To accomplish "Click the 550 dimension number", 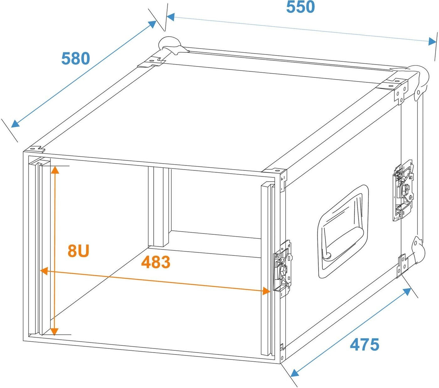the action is pyautogui.click(x=300, y=7).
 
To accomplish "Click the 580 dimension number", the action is pyautogui.click(x=76, y=59).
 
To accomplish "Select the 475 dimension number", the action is pyautogui.click(x=364, y=344).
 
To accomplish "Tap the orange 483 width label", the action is pyautogui.click(x=156, y=262).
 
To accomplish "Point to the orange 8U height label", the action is pyautogui.click(x=79, y=251).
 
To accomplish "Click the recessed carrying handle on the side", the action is pyautogui.click(x=343, y=231).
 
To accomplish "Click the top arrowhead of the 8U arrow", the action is pyautogui.click(x=55, y=170).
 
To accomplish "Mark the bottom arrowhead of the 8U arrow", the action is pyautogui.click(x=55, y=331).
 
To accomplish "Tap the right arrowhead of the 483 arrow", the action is pyautogui.click(x=267, y=291).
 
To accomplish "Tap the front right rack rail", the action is pyautogui.click(x=266, y=270).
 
